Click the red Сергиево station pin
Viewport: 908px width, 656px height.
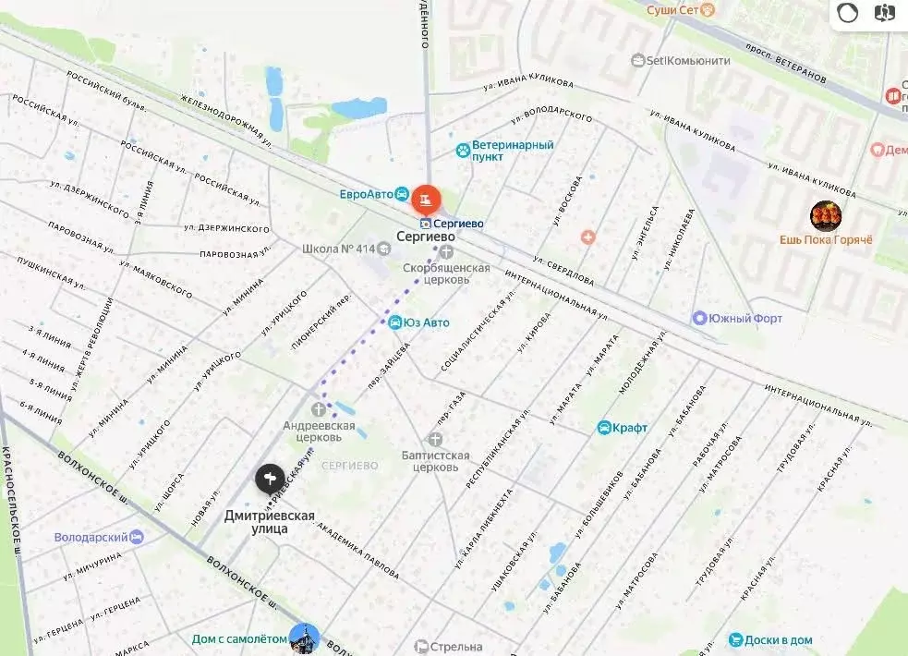coord(426,198)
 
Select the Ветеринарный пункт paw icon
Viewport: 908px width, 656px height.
coord(462,150)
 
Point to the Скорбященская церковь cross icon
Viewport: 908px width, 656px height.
coord(447,251)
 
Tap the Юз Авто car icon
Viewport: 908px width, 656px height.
coord(395,322)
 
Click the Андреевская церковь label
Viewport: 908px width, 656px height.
coord(319,431)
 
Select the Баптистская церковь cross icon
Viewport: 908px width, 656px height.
coord(436,440)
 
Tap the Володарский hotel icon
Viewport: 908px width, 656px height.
coord(137,537)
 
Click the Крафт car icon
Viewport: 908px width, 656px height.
coord(604,428)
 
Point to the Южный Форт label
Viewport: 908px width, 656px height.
coord(745,319)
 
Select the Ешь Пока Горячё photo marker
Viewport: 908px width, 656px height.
coord(825,216)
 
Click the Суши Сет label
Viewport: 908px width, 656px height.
coord(673,9)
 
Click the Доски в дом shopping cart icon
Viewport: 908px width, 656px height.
coord(735,639)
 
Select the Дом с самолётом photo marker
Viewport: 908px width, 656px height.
coord(304,638)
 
